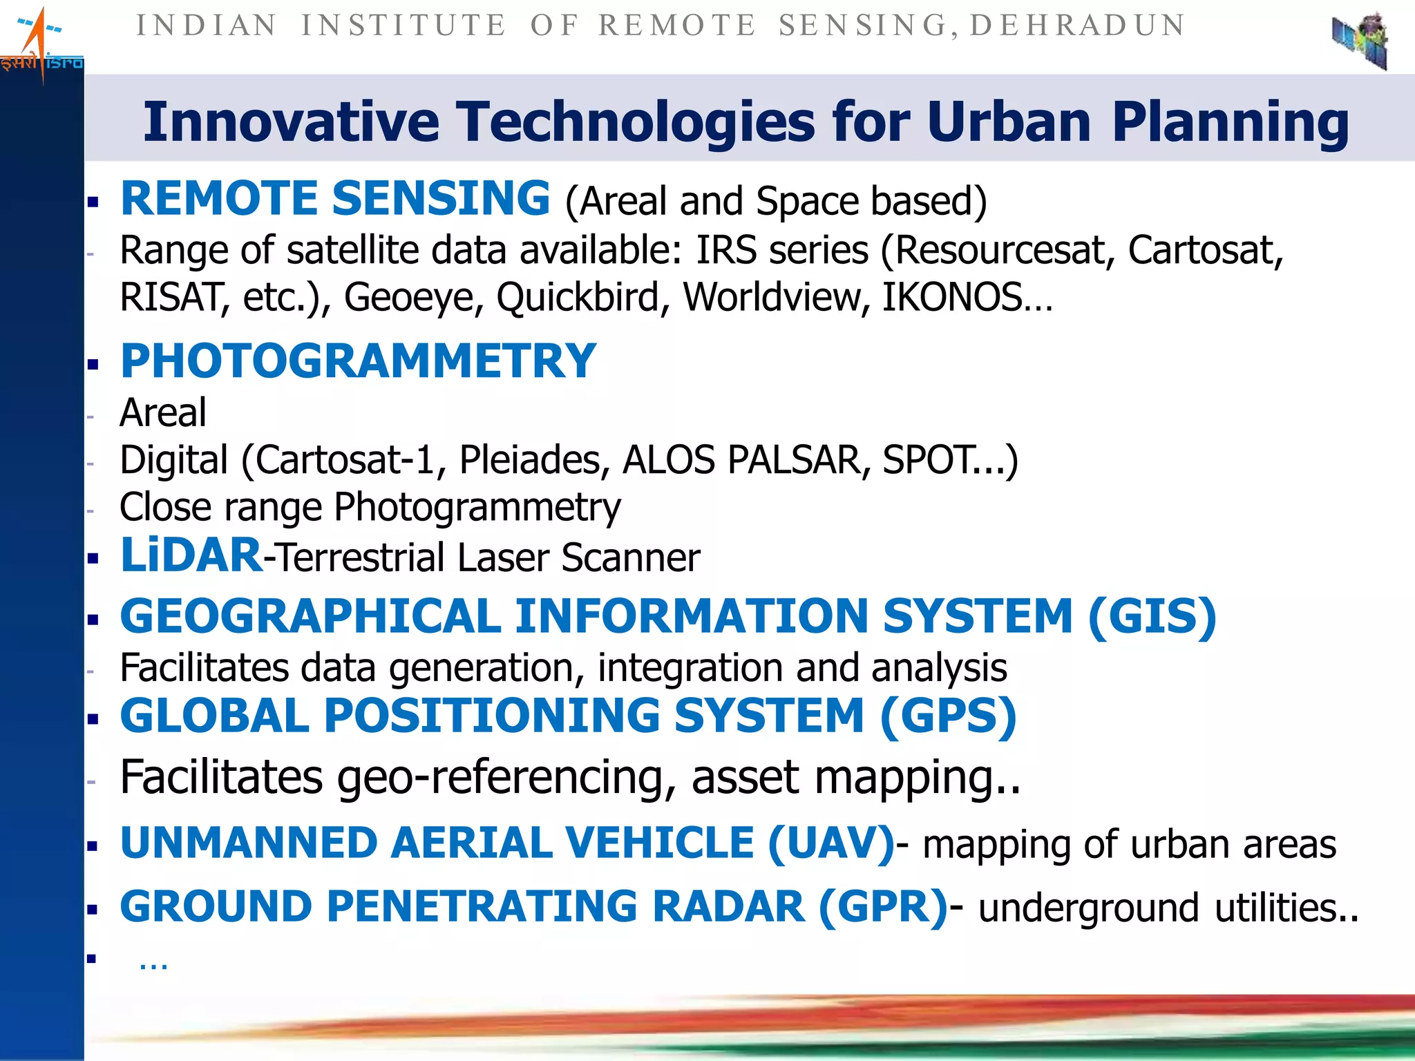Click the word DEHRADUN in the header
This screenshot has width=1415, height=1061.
coord(1078,26)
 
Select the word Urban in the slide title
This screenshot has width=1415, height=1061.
coord(1009,122)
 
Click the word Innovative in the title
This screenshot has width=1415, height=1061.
coord(291,122)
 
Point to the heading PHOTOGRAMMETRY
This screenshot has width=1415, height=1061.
coord(358,361)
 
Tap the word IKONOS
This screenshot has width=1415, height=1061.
coord(952,298)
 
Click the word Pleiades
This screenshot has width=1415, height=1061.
coord(534,460)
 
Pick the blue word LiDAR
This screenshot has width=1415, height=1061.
coord(191,555)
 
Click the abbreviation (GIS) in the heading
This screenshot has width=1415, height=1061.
coord(1152,616)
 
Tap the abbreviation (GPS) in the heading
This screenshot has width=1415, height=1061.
coord(948,716)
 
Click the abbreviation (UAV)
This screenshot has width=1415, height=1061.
coord(831,843)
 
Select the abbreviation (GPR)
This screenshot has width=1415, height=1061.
coord(882,907)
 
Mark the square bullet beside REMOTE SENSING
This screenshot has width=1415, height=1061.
coord(93,202)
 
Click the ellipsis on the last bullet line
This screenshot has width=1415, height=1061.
coord(153,962)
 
